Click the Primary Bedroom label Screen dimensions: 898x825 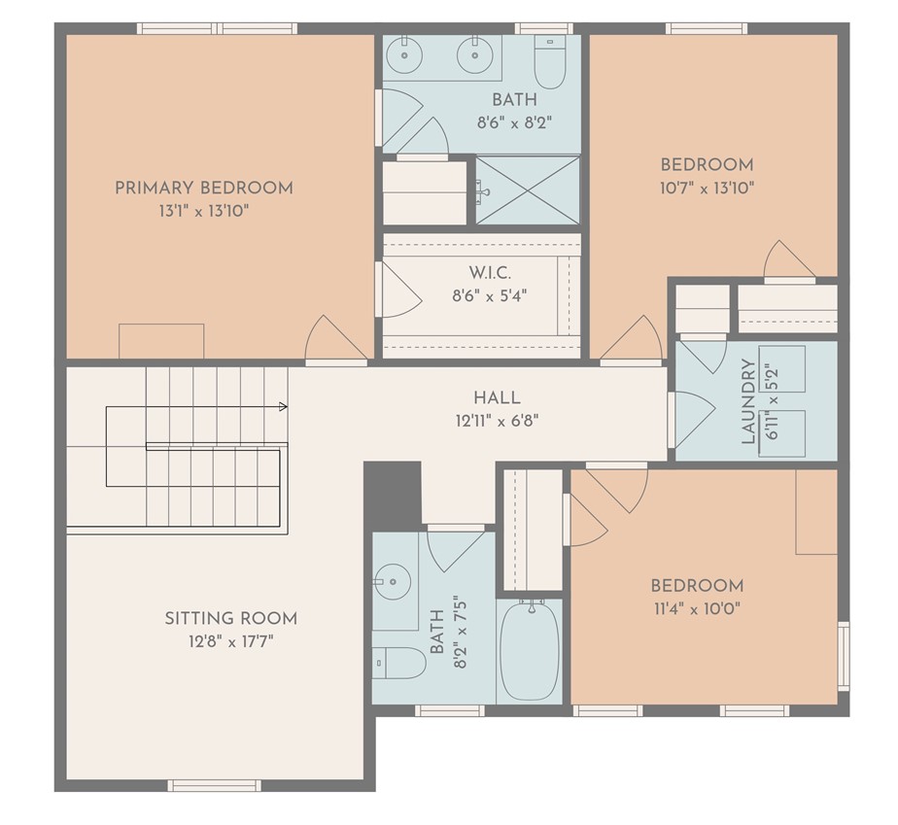204,188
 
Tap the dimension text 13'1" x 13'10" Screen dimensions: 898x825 204,211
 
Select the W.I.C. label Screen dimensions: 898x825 490,272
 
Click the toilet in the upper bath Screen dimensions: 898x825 550,61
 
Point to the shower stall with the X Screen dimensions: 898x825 528,190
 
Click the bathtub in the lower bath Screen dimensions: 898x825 529,650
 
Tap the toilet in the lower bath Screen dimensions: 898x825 398,663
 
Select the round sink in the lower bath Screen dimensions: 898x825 393,582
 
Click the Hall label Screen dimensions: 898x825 498,397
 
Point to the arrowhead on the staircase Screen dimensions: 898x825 283,406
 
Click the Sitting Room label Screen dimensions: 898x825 231,618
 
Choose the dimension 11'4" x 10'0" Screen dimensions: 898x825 697,609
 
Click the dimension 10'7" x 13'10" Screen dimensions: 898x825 707,188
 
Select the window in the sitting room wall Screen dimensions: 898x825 214,785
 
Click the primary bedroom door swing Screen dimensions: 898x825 335,338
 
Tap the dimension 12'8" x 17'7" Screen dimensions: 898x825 231,641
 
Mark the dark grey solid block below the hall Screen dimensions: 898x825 393,493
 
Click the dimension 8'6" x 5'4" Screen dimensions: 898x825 490,295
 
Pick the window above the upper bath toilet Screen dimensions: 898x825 543,28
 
